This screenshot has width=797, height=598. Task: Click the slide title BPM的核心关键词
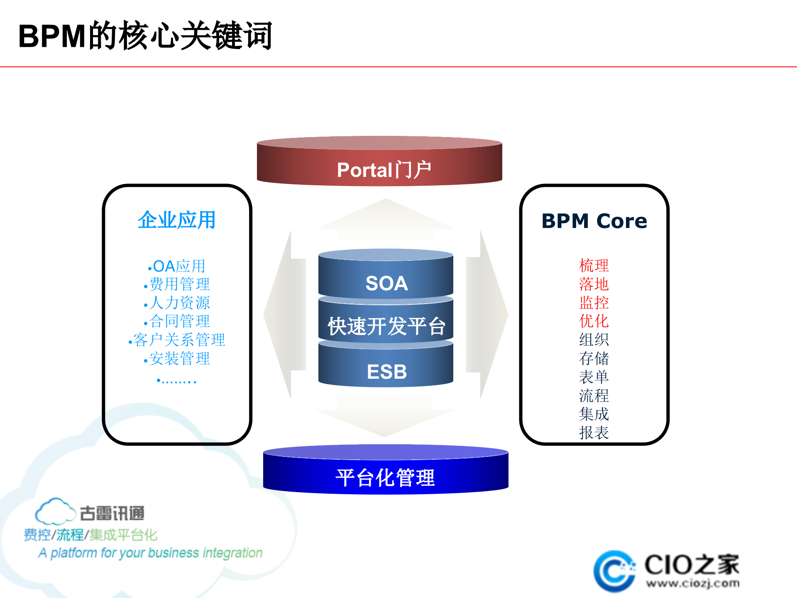(x=145, y=36)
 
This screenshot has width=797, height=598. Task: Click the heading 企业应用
(x=177, y=220)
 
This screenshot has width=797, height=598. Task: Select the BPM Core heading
(x=594, y=221)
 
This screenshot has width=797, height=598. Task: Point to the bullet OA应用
(x=178, y=266)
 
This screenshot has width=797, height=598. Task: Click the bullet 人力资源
(x=179, y=303)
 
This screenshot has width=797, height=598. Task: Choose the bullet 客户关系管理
(x=179, y=340)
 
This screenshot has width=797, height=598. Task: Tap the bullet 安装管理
(x=179, y=358)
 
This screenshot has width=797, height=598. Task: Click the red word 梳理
(x=594, y=265)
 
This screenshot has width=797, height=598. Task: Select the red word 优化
(x=594, y=321)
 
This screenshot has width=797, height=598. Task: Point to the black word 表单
(x=594, y=377)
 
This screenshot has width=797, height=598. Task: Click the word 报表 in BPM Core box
(x=594, y=433)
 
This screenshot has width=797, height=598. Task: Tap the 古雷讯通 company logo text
(x=112, y=513)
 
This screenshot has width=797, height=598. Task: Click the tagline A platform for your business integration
(x=150, y=553)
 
